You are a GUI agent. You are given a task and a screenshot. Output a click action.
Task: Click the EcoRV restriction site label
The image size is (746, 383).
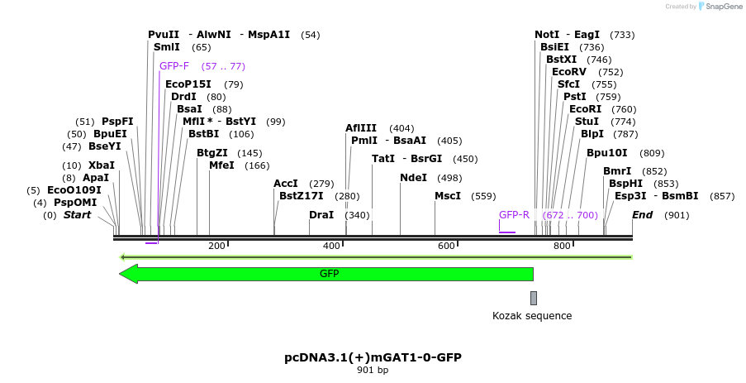[570, 72]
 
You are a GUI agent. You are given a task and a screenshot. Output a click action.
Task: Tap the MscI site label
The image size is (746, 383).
[448, 196]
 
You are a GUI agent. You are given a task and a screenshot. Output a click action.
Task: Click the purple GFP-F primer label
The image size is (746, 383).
[174, 66]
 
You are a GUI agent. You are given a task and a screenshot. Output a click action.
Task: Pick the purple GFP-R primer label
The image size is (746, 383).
[514, 215]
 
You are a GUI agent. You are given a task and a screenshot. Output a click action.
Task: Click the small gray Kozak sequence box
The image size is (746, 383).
[534, 298]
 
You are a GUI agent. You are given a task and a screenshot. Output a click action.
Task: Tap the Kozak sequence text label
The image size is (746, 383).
[532, 316]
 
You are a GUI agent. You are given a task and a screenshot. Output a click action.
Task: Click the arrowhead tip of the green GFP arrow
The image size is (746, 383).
[121, 274]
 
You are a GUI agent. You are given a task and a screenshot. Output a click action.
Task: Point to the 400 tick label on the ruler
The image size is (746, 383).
[331, 247]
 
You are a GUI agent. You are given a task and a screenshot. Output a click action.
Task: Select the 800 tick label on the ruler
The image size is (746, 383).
[562, 247]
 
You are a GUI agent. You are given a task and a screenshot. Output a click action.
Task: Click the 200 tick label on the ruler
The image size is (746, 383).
[216, 247]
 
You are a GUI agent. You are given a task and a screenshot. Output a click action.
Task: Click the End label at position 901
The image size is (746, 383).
[642, 215]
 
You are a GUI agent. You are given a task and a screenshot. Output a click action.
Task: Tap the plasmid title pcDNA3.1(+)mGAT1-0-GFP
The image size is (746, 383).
[373, 357]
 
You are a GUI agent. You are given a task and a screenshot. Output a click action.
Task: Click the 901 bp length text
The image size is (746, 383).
[373, 371]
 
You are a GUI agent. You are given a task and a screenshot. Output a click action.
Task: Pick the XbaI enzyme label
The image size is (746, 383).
[102, 165]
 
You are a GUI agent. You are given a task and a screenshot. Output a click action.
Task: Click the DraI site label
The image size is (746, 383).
[321, 215]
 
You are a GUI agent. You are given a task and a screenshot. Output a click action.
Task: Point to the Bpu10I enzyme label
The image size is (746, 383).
[607, 153]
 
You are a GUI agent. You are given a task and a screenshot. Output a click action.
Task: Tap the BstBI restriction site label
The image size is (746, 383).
[204, 134]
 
